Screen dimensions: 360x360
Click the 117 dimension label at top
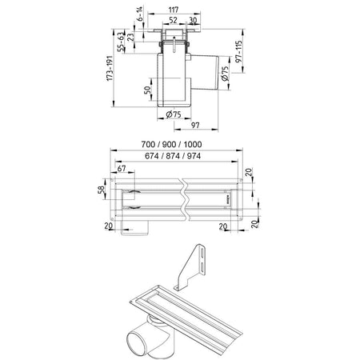click(174, 10)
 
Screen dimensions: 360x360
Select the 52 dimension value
click(173, 20)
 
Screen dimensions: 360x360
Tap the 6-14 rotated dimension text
click(140, 14)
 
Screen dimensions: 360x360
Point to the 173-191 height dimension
click(110, 68)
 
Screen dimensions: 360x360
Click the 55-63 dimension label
click(121, 42)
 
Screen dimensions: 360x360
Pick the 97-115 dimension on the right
click(238, 51)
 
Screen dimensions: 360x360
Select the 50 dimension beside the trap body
click(147, 90)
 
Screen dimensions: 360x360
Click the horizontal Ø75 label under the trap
click(174, 114)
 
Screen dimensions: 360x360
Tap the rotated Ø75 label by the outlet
click(225, 74)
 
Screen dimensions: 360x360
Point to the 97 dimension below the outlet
click(195, 125)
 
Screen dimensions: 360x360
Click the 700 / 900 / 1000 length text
click(171, 144)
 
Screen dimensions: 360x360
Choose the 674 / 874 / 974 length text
click(173, 156)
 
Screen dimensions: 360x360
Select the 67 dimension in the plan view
click(122, 169)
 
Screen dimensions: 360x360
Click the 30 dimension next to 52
click(193, 20)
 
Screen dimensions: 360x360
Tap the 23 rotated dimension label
click(130, 37)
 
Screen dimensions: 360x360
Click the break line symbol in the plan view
click(185, 199)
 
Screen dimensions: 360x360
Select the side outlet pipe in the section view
click(205, 72)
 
